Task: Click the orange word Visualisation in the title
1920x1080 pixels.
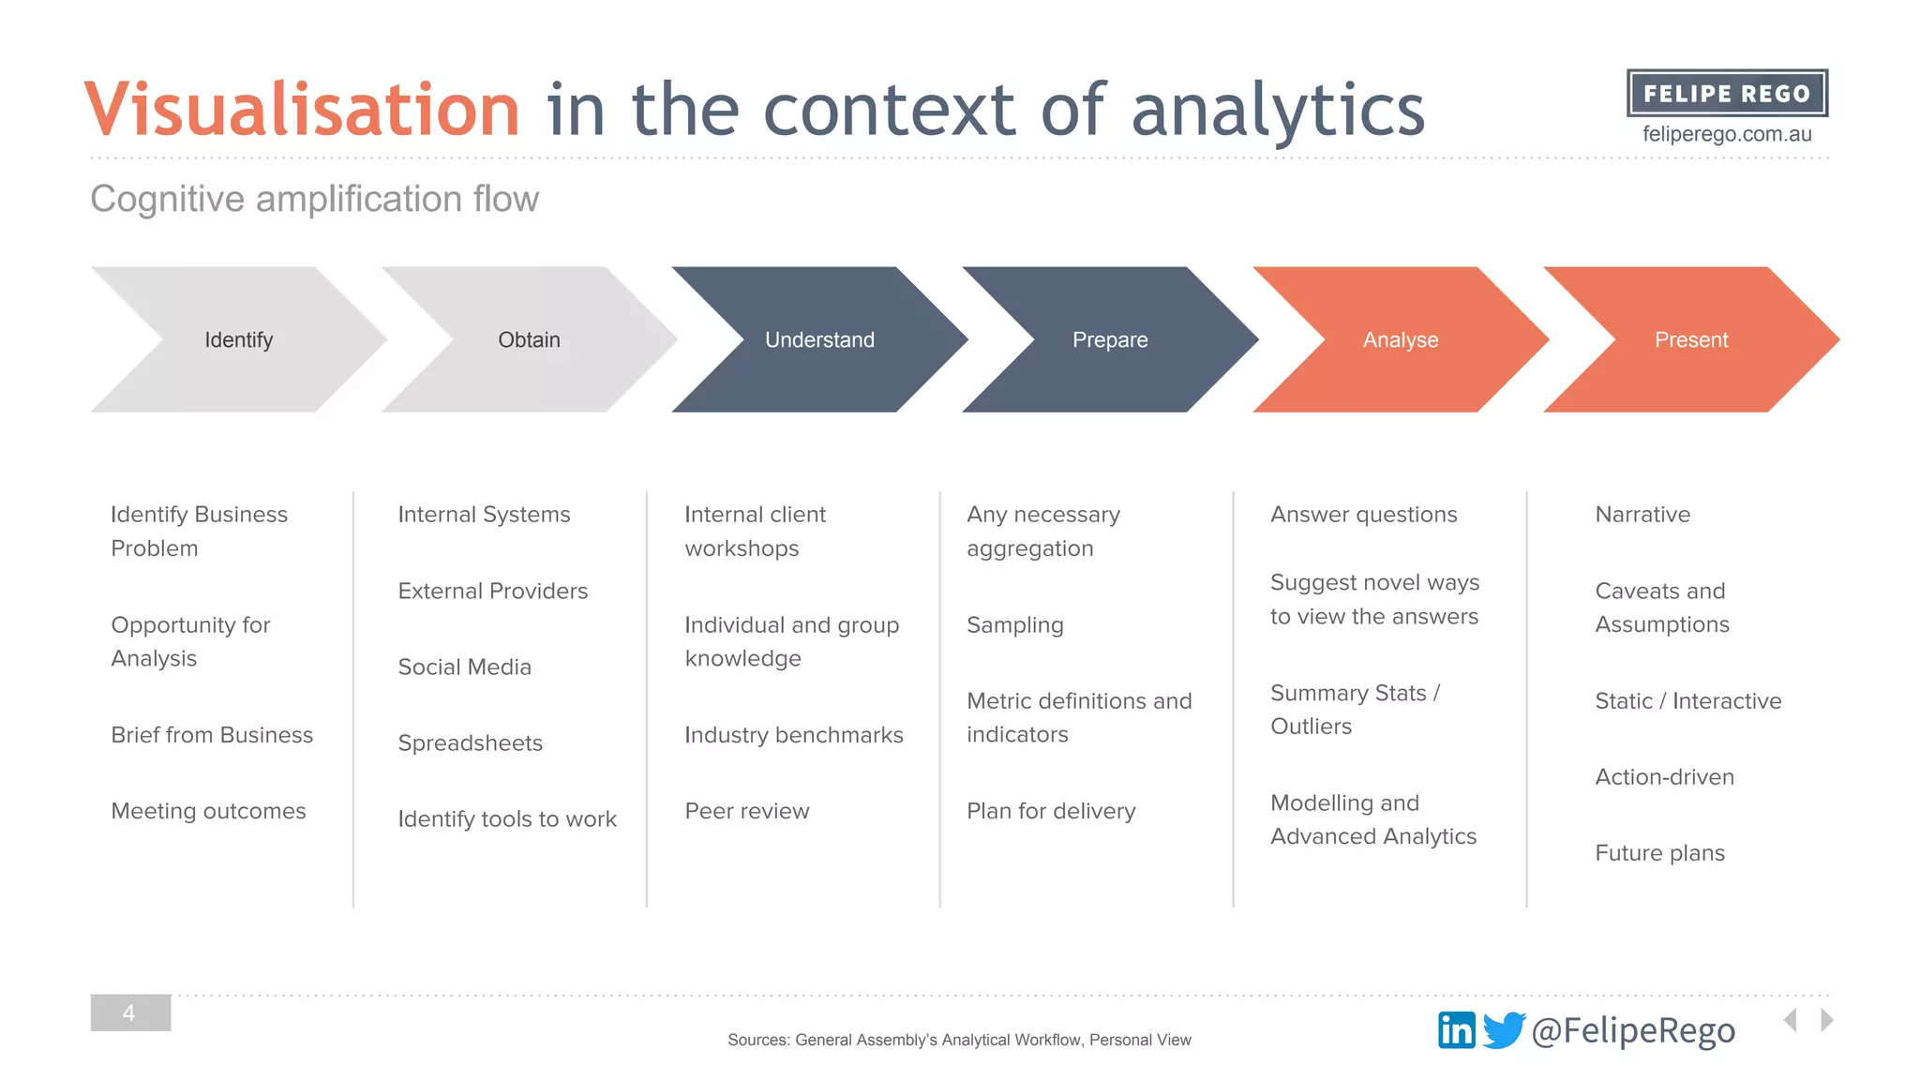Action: coord(302,110)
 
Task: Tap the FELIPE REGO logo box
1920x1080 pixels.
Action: coord(1727,93)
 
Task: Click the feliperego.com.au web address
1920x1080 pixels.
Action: coord(1727,134)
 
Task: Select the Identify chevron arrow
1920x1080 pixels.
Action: coord(239,339)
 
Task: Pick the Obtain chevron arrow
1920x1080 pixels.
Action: coord(530,339)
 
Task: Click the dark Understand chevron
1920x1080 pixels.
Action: coord(820,339)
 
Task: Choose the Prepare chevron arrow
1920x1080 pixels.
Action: coord(1111,339)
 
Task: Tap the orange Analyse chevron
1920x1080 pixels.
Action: coord(1402,339)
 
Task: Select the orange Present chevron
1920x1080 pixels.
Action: coord(1692,339)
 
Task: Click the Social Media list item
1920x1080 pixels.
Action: coord(465,667)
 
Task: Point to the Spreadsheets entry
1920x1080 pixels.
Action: coord(471,742)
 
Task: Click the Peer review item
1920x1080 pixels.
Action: coord(747,811)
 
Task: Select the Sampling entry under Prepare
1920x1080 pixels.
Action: coord(1015,625)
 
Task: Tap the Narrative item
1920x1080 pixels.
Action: coord(1642,515)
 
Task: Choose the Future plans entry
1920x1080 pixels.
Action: coord(1660,853)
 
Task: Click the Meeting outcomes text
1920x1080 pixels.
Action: coord(208,811)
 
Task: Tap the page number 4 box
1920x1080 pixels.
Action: coord(130,1012)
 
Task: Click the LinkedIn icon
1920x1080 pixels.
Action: coord(1456,1030)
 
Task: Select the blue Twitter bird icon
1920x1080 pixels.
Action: coord(1504,1030)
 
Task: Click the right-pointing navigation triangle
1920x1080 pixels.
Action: coord(1826,1020)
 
